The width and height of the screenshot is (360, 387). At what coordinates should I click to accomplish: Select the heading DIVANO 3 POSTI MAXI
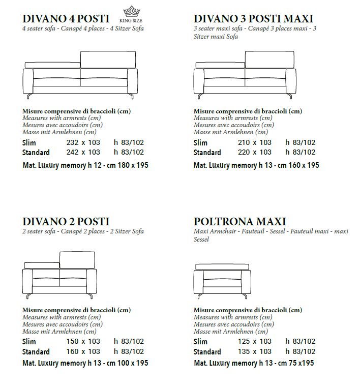(x=253, y=19)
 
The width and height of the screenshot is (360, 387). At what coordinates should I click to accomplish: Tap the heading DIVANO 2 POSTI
(x=66, y=222)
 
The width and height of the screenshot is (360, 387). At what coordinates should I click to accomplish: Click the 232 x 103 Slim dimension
(x=83, y=143)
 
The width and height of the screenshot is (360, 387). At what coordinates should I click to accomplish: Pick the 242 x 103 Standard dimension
(x=83, y=152)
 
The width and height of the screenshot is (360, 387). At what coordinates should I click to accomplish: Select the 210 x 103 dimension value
(x=255, y=143)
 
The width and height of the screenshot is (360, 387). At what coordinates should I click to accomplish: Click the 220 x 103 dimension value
(x=255, y=152)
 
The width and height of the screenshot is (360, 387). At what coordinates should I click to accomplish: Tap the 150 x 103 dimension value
(x=83, y=342)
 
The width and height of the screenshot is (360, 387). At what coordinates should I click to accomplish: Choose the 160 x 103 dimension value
(x=83, y=351)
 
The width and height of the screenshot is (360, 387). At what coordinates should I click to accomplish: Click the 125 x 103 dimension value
(x=255, y=342)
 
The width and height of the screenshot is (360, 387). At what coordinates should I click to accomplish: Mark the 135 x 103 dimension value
(x=255, y=351)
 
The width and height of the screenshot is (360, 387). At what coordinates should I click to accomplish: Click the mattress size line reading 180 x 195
(x=85, y=165)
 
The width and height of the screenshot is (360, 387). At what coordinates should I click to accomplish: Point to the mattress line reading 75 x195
(x=254, y=363)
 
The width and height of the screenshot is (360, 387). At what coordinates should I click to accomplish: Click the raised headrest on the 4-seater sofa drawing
(x=108, y=58)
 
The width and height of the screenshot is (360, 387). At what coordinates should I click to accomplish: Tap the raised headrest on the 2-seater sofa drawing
(x=77, y=259)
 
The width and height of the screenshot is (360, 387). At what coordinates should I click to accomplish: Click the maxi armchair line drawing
(x=223, y=280)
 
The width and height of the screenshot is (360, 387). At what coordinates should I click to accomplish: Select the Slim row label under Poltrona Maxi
(x=201, y=342)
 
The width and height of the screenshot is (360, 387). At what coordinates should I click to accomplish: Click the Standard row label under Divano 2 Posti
(x=36, y=351)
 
